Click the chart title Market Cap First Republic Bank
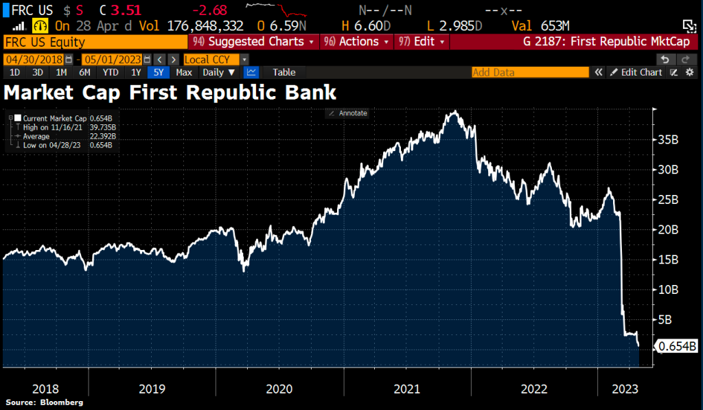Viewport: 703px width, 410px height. (170, 92)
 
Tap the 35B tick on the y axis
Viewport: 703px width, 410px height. (669, 139)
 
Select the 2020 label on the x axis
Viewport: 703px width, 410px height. (279, 389)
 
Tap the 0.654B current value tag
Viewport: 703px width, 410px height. (678, 347)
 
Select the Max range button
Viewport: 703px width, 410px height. (183, 72)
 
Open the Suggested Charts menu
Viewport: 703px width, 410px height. (254, 41)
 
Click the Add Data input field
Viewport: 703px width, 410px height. (529, 72)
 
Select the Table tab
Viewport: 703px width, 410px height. (284, 72)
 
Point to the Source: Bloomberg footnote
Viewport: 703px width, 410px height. (45, 402)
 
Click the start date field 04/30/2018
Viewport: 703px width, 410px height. (36, 59)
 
